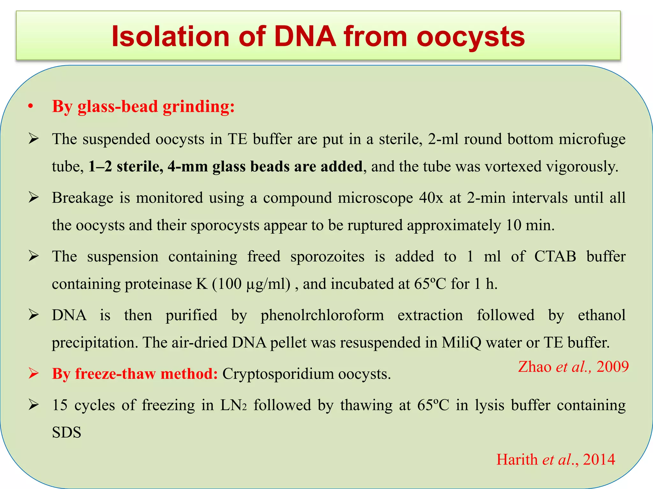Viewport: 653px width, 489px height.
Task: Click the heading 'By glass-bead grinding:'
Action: pyautogui.click(x=143, y=106)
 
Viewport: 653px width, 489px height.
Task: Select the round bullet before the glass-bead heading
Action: pyautogui.click(x=30, y=107)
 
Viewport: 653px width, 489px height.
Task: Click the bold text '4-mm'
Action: pyautogui.click(x=187, y=167)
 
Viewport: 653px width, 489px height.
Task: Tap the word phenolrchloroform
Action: pyautogui.click(x=322, y=315)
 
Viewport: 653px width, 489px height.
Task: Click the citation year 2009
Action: pyautogui.click(x=613, y=367)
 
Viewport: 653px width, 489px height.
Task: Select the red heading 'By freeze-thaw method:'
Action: pyautogui.click(x=135, y=374)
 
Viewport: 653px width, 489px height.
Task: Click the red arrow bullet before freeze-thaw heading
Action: pyautogui.click(x=33, y=373)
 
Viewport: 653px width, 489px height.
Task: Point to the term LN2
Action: pyautogui.click(x=233, y=405)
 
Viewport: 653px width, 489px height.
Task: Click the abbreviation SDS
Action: pyautogui.click(x=66, y=432)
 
